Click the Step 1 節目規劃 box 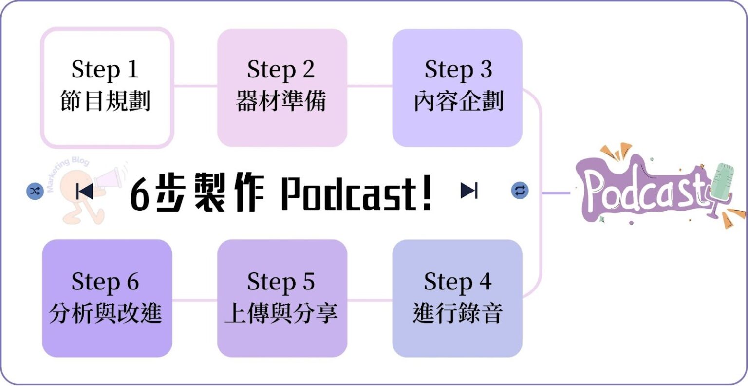107,88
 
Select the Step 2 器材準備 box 282,88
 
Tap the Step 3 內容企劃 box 457,88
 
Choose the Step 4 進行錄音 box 457,298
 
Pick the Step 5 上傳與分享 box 282,298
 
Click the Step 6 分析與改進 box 107,298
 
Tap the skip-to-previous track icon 85,191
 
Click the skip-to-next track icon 469,191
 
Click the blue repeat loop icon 520,191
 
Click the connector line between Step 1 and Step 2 195,86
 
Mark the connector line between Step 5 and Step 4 370,300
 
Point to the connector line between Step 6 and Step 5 194,300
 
